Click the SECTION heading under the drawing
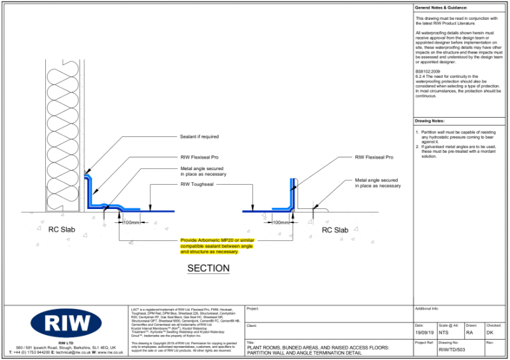pyautogui.click(x=208, y=268)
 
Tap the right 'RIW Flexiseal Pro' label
pyautogui.click(x=374, y=157)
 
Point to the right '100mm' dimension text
pyautogui.click(x=280, y=222)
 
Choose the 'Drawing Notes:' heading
pyautogui.click(x=430, y=120)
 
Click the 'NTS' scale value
pyautogui.click(x=445, y=333)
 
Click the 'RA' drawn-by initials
pyautogui.click(x=469, y=333)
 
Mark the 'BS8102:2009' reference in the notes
pyautogui.click(x=428, y=71)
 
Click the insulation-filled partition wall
pyautogui.click(x=63, y=134)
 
